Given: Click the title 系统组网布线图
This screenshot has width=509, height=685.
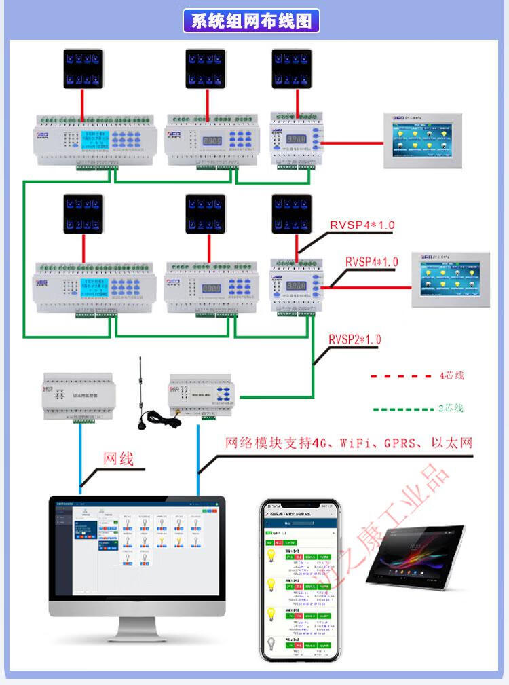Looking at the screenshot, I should (x=252, y=20).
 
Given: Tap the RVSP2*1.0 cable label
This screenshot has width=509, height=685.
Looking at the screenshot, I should (x=354, y=339).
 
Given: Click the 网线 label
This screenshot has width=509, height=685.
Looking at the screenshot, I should (x=118, y=458).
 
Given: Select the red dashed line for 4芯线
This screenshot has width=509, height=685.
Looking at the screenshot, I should (x=400, y=375).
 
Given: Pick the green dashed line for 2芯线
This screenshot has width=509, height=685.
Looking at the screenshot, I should (x=402, y=409).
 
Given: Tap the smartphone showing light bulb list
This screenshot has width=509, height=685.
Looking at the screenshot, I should (x=300, y=580).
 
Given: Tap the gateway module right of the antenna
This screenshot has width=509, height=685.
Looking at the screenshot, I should (x=204, y=396).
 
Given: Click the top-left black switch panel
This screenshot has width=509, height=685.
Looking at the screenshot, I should (x=83, y=69).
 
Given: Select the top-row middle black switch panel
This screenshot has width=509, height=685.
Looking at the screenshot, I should (x=206, y=69).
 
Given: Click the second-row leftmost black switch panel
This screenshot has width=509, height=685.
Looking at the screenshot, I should (x=83, y=214).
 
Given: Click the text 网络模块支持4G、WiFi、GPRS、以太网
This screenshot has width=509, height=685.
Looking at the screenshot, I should (x=349, y=443).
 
